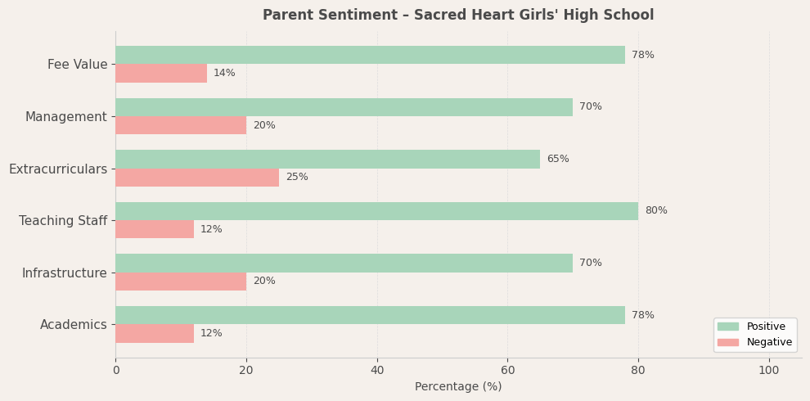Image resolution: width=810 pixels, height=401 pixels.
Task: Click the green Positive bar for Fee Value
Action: click(370, 55)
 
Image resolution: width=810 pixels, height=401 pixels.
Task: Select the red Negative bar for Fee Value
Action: click(161, 74)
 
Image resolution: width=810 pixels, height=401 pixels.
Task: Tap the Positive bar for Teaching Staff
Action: click(376, 211)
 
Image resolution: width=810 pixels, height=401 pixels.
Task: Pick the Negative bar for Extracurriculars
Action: click(197, 178)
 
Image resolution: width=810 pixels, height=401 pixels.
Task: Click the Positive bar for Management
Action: click(344, 107)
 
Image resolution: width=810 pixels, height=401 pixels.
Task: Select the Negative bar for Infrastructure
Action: click(181, 282)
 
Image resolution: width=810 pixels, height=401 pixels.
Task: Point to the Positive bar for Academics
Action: click(370, 315)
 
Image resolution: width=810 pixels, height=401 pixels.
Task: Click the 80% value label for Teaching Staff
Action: click(656, 211)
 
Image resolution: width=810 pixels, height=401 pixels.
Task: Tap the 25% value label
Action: click(297, 178)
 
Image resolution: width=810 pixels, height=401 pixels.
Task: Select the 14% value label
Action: click(224, 74)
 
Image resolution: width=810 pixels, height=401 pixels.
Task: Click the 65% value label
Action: click(558, 160)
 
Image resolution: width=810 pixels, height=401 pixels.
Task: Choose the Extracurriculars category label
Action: click(58, 169)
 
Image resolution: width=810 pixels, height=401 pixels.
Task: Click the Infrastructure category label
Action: click(65, 273)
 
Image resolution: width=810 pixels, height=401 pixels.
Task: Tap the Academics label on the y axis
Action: click(74, 325)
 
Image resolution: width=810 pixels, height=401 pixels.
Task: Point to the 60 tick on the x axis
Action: click(507, 371)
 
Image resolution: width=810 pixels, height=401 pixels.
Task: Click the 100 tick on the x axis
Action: click(768, 371)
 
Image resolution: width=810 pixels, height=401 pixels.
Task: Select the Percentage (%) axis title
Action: click(458, 387)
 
